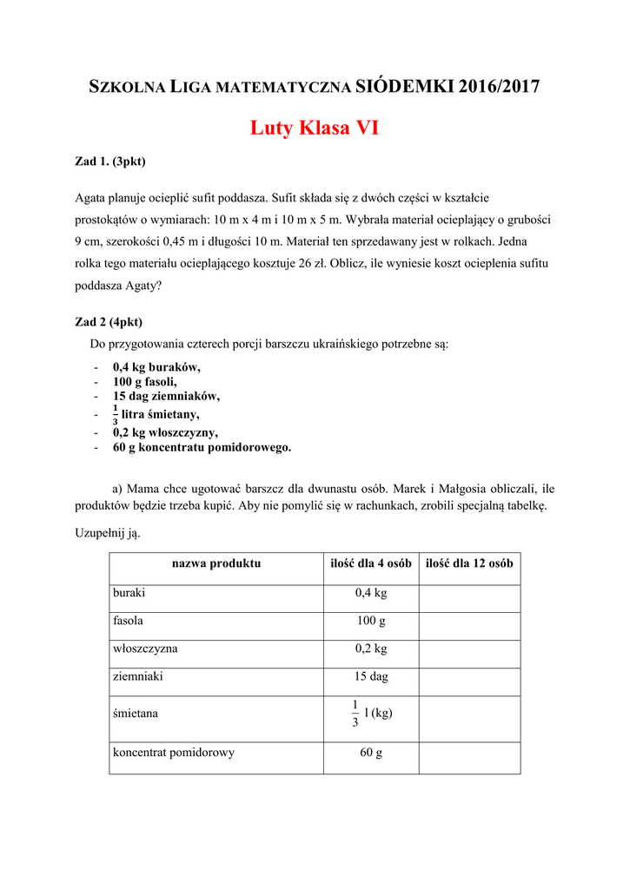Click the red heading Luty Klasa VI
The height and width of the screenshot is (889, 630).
point(315,128)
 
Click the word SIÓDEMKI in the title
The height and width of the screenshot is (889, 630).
point(405,86)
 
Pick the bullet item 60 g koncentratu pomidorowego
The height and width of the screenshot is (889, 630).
point(202,447)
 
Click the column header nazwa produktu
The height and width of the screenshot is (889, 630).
point(216,563)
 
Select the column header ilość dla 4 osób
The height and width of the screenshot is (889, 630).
point(371,563)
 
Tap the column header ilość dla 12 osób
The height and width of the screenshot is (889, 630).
point(469,563)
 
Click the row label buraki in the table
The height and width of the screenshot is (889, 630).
point(129,592)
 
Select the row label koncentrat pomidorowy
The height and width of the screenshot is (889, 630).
point(174,753)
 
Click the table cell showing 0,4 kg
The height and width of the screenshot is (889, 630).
point(371,593)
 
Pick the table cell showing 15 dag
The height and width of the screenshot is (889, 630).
point(371,676)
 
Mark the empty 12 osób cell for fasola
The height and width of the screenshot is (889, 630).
point(469,621)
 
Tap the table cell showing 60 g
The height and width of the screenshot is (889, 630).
point(371,753)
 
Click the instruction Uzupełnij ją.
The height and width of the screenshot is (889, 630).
point(107,533)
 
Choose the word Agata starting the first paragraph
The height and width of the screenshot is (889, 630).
point(91,198)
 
